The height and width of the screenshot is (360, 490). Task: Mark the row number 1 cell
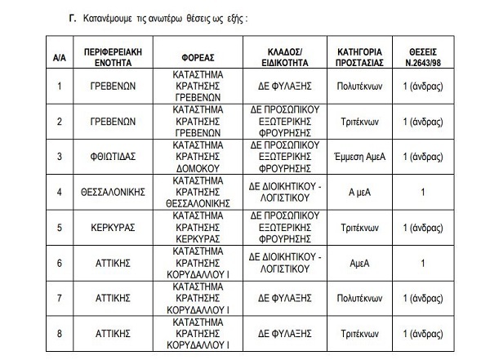pos(58,85)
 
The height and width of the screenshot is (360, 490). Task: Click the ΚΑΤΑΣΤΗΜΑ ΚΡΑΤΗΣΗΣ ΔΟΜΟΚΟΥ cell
pos(200,156)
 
